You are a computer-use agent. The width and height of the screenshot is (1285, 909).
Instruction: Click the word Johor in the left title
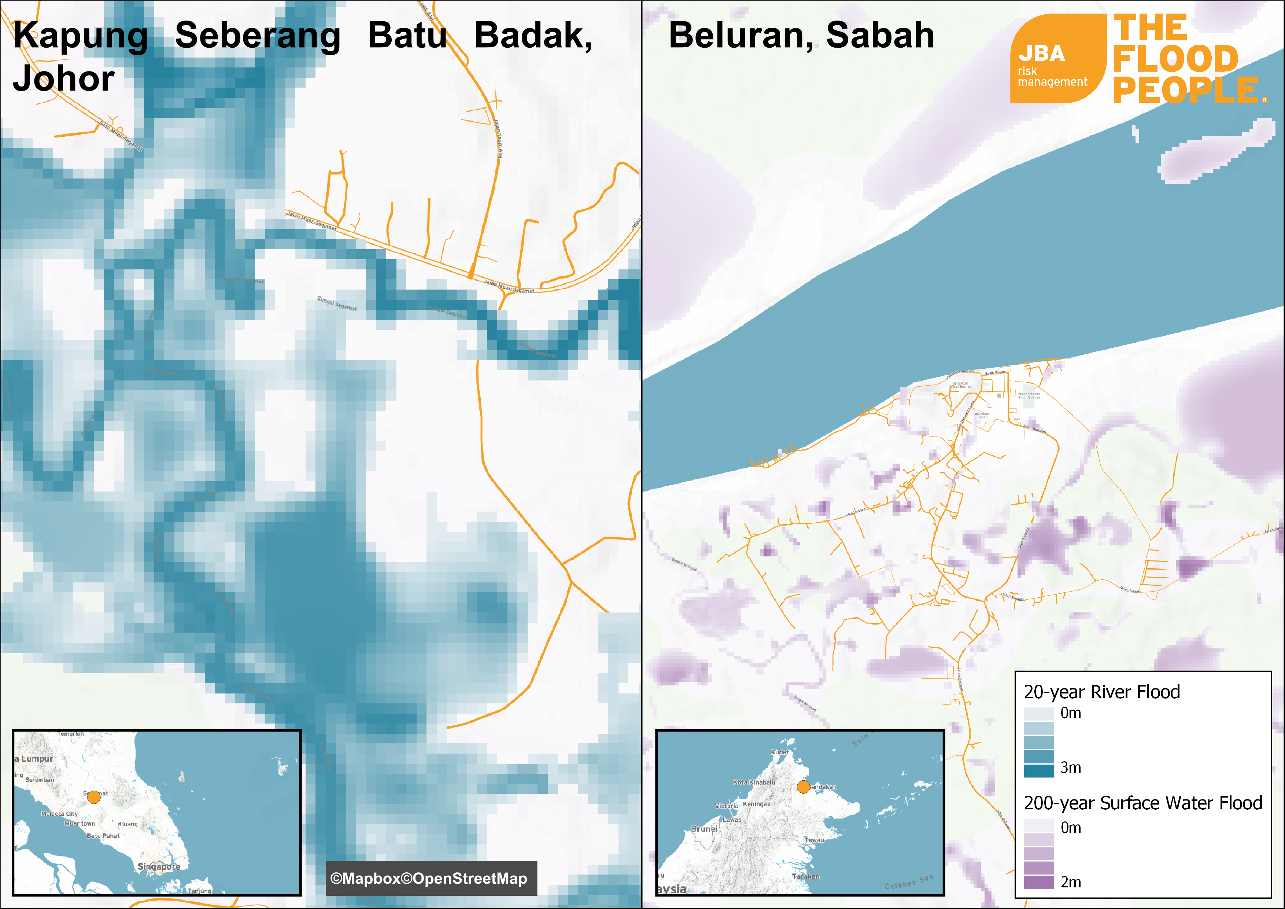pos(64,79)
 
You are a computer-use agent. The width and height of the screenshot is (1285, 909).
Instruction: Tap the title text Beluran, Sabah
pos(801,35)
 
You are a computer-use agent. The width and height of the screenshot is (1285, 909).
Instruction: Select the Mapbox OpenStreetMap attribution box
pos(431,878)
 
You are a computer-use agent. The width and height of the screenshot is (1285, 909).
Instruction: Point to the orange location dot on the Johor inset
pos(94,796)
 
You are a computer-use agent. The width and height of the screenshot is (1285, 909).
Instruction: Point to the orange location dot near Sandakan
pos(803,787)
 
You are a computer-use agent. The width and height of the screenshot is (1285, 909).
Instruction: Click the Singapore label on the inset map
pos(159,866)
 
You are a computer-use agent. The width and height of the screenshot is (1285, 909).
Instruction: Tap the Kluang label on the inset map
pos(128,824)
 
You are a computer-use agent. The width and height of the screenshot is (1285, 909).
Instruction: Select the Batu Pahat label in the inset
pos(103,836)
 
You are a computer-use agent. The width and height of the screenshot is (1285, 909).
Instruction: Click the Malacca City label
pos(59,814)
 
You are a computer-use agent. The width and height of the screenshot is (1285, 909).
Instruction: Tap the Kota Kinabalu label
pos(754,782)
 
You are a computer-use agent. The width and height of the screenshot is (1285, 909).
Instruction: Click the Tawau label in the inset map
pos(814,840)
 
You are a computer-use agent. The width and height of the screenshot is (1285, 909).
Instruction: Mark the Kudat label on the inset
pos(780,752)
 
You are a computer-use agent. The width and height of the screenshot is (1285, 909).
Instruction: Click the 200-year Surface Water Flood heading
pos(1143,803)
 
